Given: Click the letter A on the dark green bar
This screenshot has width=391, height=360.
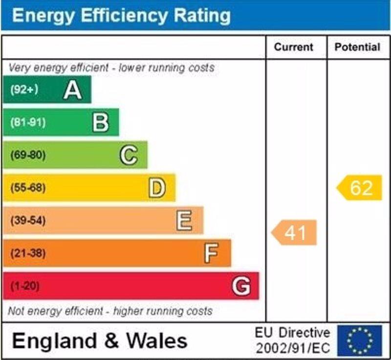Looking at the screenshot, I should point(72,90).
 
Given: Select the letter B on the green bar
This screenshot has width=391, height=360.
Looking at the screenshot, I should point(101,123).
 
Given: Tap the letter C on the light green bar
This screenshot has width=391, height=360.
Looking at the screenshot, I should point(129,156).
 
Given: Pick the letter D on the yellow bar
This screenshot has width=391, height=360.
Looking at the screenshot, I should point(157,188).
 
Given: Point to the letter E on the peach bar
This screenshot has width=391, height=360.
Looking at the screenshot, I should point(184,221).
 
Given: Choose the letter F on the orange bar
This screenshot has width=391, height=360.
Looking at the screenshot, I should point(211,254).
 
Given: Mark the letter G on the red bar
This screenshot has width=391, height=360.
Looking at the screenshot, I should point(241,286).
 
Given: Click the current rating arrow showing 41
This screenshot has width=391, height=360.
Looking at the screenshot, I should point(294,233).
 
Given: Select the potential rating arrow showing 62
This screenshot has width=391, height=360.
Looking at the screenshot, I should point(360,188).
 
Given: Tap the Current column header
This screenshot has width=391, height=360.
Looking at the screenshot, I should point(293,47).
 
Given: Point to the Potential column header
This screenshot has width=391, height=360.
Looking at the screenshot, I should point(357,47).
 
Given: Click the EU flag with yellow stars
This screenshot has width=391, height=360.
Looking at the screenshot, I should point(359,340).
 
